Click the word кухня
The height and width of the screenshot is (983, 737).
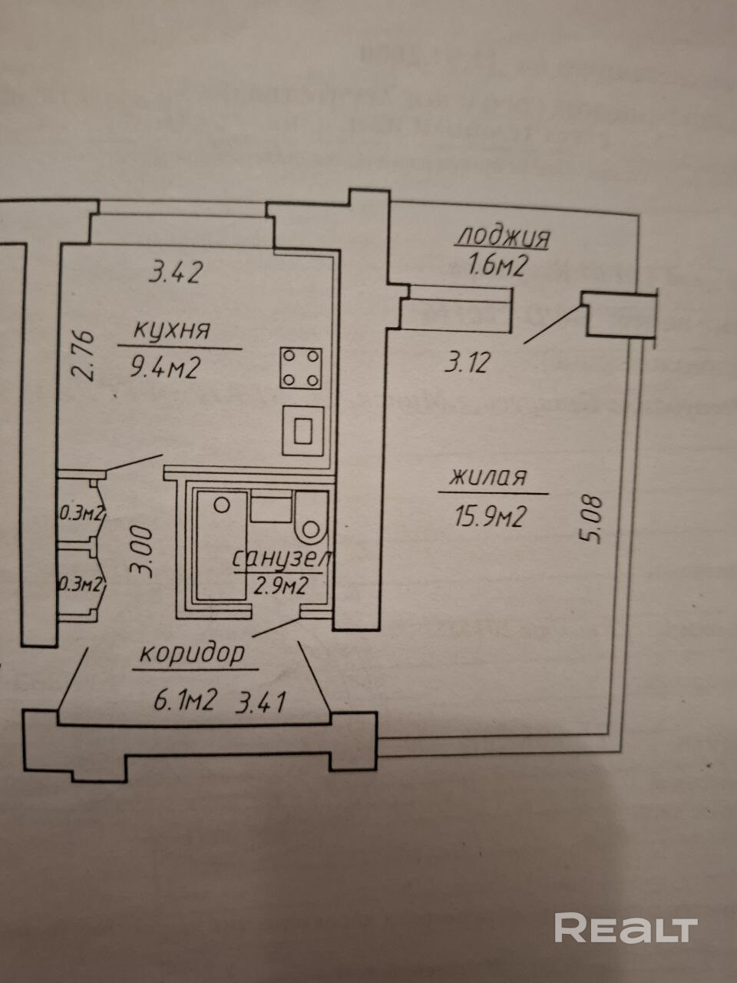[x=172, y=331]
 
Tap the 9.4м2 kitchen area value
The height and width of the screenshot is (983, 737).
[x=166, y=369]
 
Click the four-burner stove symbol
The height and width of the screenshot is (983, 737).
[x=301, y=368]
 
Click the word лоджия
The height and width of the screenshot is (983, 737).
[x=503, y=237]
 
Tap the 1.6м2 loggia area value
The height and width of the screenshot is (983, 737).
[x=496, y=266]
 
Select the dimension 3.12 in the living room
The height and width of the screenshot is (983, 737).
[x=466, y=362]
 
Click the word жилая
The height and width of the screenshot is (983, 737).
[x=489, y=478]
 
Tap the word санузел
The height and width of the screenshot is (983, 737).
[x=282, y=558]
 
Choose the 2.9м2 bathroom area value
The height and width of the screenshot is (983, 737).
[x=281, y=587]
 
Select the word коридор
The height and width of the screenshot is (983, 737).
[x=192, y=654]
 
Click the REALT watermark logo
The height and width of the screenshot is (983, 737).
[x=626, y=928]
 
